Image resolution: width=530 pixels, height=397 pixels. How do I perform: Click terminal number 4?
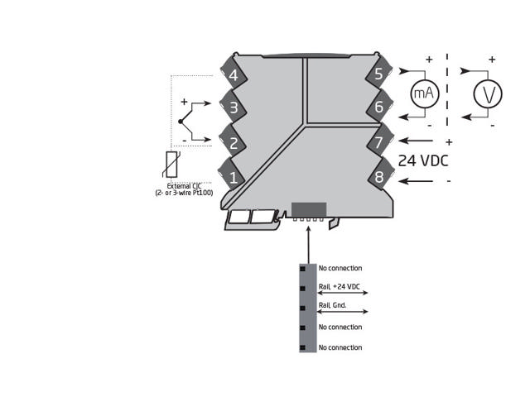click(234, 75)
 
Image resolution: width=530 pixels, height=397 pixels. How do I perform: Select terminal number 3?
click(234, 108)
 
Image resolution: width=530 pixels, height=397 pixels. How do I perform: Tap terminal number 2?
click(234, 143)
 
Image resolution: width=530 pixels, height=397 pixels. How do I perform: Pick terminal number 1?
click(234, 178)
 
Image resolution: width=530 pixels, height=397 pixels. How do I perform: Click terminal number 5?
click(379, 74)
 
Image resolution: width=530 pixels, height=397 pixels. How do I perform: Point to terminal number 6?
click(379, 107)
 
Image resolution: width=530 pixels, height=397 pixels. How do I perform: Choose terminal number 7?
click(379, 141)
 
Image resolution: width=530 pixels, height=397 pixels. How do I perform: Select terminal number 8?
click(379, 176)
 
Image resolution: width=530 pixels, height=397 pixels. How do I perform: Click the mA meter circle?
click(425, 93)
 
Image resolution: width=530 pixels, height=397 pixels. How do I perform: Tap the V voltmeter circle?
click(488, 93)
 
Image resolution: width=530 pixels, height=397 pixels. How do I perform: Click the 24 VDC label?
click(423, 160)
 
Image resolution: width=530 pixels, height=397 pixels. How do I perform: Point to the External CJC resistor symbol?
click(171, 165)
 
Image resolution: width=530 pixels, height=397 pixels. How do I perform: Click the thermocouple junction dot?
click(181, 122)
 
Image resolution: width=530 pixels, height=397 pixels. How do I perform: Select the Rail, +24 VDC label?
click(339, 287)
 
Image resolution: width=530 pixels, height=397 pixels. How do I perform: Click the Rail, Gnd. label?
click(332, 305)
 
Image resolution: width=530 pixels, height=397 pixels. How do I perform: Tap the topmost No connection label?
click(340, 268)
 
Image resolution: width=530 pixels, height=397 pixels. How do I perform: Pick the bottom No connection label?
click(340, 347)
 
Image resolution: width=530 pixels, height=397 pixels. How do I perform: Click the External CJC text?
click(184, 186)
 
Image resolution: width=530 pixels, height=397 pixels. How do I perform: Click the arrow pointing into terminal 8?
click(416, 181)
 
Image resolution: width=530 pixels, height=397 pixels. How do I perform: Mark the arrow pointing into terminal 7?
click(416, 141)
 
